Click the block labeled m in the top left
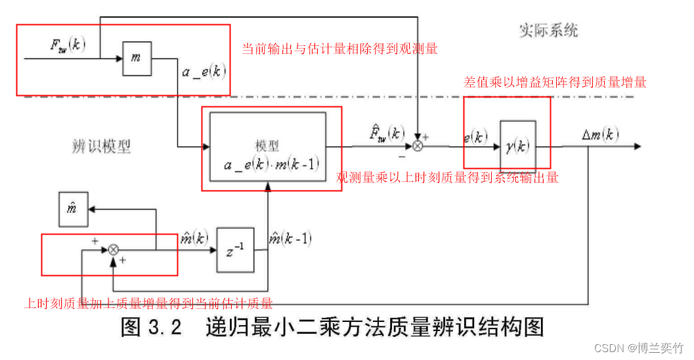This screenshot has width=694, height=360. coord(136,58)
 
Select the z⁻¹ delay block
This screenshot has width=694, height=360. coord(235,250)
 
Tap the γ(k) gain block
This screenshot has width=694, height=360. coord(517,146)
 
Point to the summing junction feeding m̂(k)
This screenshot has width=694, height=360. coord(114,250)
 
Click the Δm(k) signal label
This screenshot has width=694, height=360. coord(600,135)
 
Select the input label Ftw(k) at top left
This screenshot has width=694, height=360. coord(68,45)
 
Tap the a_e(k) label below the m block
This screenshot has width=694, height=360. coord(204,72)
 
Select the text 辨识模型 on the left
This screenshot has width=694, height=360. coord(101,146)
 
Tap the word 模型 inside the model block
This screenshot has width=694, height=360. coord(267,145)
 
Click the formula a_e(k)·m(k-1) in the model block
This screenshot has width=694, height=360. coord(271,164)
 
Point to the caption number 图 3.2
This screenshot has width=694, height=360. coord(151,327)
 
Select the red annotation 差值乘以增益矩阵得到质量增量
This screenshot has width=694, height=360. coord(555,82)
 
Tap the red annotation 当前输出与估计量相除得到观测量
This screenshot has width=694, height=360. coord(339,49)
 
